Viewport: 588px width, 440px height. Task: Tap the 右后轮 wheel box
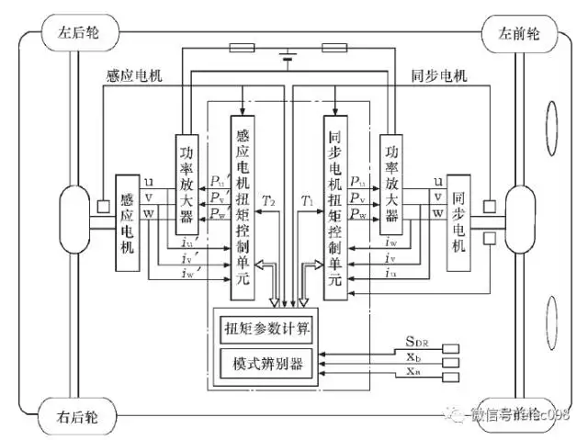pyautogui.click(x=84, y=416)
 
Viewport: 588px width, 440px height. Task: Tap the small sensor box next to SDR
pyautogui.click(x=450, y=347)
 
